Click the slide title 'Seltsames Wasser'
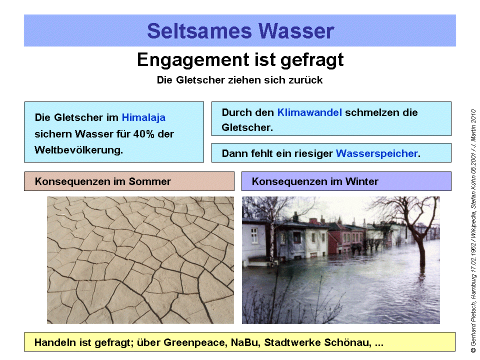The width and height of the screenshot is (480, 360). coord(240,31)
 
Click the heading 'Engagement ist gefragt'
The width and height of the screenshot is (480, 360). coord(240,60)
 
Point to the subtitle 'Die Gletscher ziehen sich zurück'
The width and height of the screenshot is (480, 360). coord(239,80)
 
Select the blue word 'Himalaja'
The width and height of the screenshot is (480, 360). coord(143,118)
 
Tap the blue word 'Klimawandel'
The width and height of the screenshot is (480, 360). coord(309,112)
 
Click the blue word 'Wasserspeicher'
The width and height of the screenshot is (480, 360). coord(376,153)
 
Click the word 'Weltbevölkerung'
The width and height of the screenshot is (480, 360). coord(78,150)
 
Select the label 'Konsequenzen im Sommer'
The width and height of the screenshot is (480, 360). coord(103,181)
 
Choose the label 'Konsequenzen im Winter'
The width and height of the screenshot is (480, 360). coord(315,181)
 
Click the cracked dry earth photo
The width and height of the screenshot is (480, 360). coord(140,260)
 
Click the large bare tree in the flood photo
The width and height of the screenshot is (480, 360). coord(417,225)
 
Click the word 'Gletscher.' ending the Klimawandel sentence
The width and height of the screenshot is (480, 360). coord(247,127)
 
